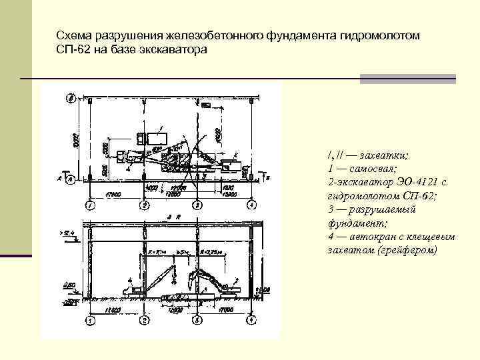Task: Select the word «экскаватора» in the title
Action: point(179,49)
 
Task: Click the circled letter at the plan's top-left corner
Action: point(70,99)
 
